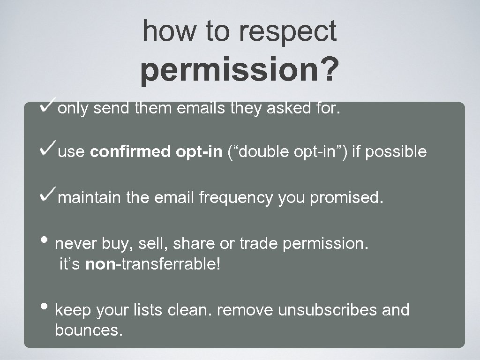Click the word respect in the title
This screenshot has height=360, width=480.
[x=287, y=31]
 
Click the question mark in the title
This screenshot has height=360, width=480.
[x=328, y=70]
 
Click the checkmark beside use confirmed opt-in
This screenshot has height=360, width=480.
[x=49, y=149]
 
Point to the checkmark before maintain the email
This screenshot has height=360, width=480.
[x=49, y=195]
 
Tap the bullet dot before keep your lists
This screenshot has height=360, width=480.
[x=48, y=307]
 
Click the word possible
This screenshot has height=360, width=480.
[x=396, y=152]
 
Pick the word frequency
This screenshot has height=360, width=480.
[x=235, y=198]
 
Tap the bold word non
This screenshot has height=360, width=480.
[x=100, y=264]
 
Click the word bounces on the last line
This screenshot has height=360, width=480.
[x=89, y=330]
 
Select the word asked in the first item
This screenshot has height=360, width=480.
[x=286, y=109]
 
